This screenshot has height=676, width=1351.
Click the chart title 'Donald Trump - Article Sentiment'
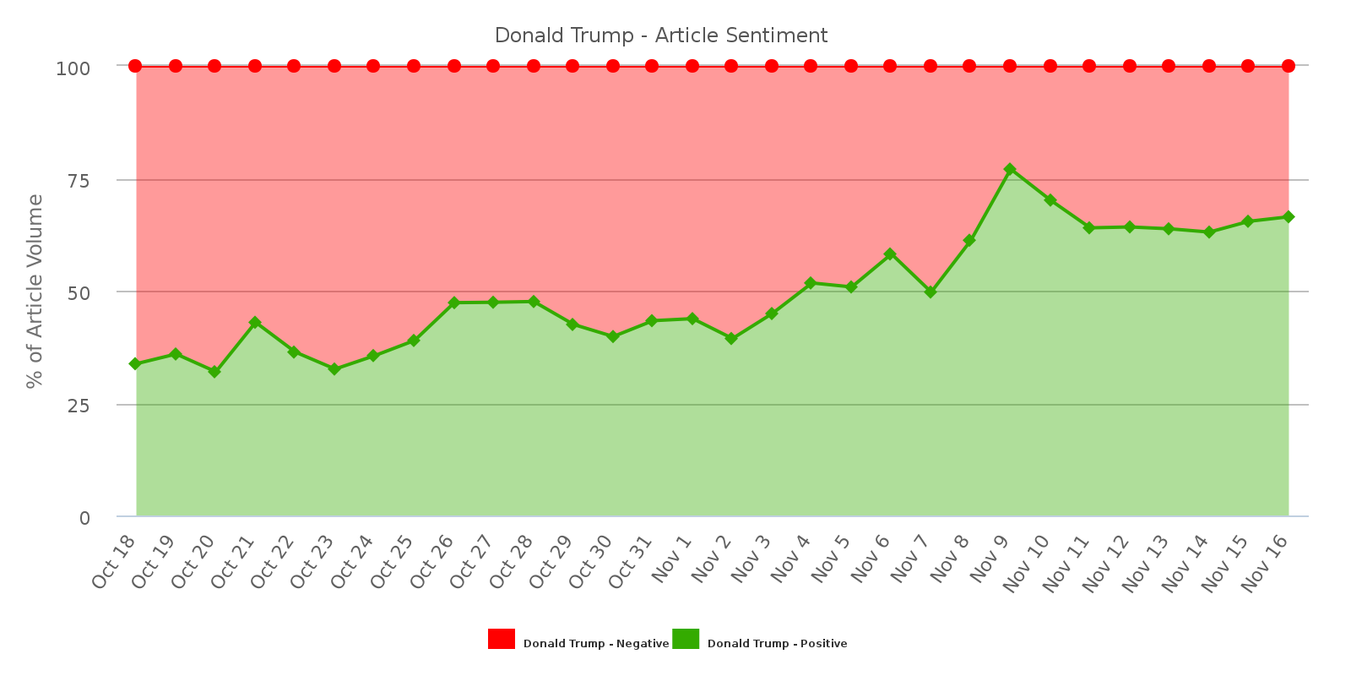[660, 35]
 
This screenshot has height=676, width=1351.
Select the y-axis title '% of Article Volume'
[35, 292]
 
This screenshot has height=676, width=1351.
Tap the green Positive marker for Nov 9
[1010, 170]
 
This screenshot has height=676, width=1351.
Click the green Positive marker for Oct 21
[255, 323]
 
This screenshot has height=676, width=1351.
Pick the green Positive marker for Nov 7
[931, 292]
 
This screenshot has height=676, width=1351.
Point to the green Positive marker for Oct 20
[214, 372]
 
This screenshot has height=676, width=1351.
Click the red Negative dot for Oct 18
[135, 66]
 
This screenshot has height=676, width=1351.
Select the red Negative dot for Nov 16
[1289, 66]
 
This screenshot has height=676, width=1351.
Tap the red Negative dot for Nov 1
[692, 66]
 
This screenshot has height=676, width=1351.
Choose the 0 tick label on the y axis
[84, 517]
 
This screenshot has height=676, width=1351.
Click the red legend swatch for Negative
[502, 640]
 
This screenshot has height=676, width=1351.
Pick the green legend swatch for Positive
[686, 640]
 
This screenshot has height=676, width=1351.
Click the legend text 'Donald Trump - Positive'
[777, 644]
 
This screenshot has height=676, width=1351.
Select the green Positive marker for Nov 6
[890, 254]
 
